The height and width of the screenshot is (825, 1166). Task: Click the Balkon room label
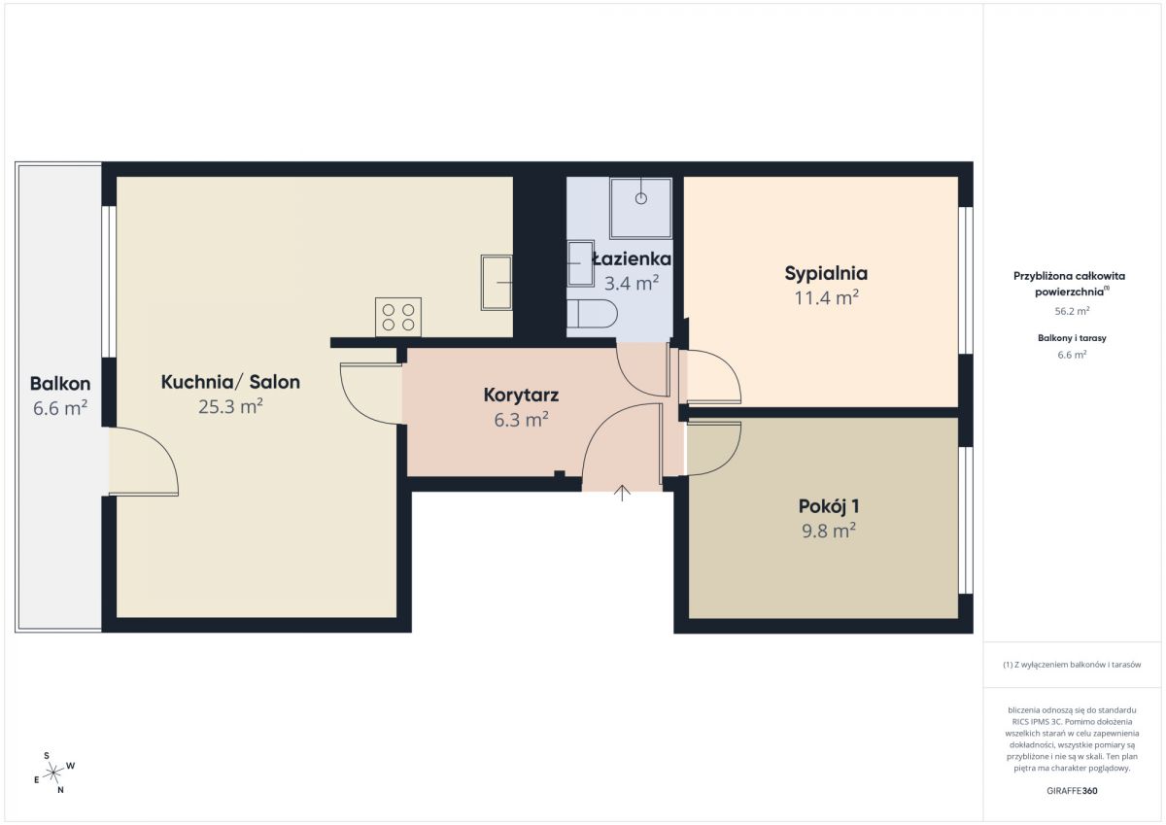coord(60,384)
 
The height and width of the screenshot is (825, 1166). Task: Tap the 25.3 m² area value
coord(230,406)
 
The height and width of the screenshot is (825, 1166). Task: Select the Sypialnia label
coord(826,274)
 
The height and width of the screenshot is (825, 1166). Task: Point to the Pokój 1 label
coord(829,506)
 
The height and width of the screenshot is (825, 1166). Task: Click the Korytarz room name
coord(521,395)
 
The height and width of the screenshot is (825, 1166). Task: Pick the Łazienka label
coord(632,258)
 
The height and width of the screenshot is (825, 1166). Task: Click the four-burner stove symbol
coord(398,317)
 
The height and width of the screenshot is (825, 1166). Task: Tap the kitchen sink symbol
coord(497,283)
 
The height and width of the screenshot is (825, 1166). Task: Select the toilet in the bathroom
coord(592,314)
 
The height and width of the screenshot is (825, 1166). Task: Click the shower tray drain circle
coord(640,198)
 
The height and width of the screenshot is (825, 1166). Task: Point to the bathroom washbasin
coord(580,263)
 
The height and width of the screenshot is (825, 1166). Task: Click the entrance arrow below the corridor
coord(622,493)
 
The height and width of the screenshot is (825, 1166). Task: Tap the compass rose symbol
coord(54,773)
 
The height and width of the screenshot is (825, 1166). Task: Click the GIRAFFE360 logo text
coord(1072,791)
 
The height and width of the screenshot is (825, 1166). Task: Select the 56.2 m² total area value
coord(1072,311)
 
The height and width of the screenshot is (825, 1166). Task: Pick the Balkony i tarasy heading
coord(1072,338)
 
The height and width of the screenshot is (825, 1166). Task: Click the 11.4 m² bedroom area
coord(826,297)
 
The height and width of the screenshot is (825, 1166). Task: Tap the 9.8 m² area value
coord(829,531)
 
